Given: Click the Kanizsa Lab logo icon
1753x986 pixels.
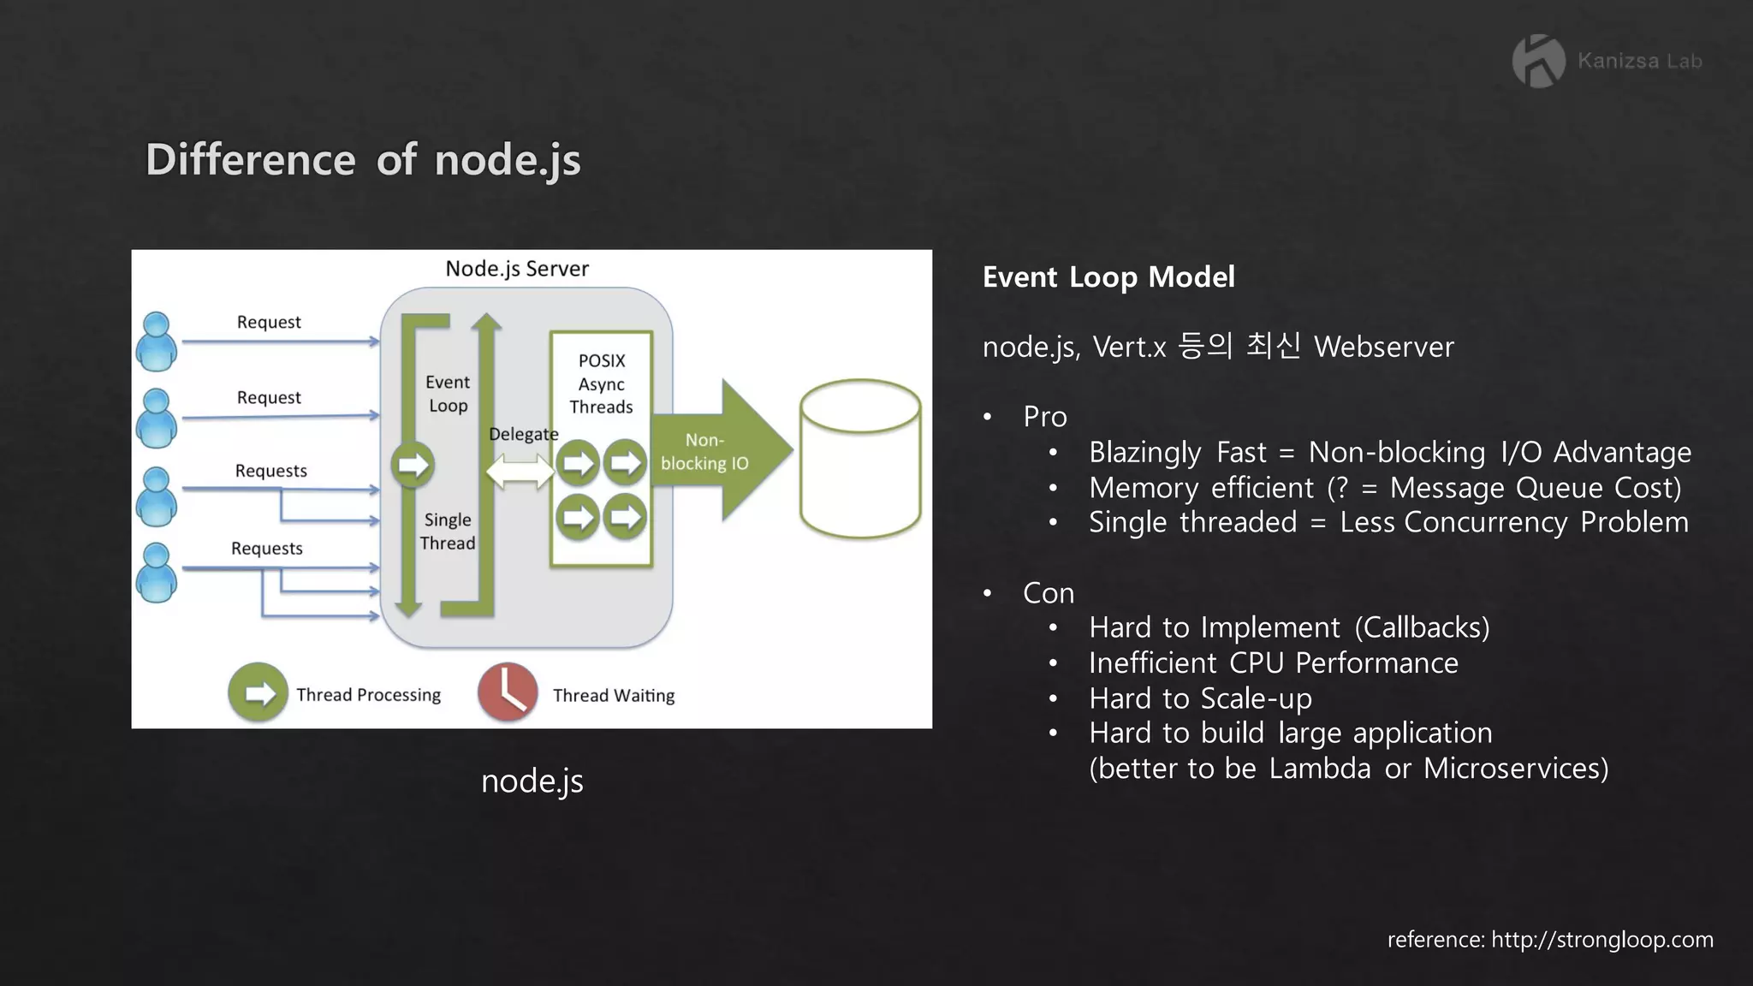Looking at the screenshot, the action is [x=1538, y=61].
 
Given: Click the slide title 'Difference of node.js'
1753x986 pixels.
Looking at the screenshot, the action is [x=363, y=160].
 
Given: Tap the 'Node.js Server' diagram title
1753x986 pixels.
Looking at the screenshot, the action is [x=517, y=269].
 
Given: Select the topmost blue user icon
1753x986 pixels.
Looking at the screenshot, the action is [x=157, y=342].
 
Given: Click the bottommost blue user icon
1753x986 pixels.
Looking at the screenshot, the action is [x=157, y=573].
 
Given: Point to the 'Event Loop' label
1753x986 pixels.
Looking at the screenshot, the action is [x=448, y=394].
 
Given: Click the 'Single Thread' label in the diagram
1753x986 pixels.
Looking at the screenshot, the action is [x=448, y=532].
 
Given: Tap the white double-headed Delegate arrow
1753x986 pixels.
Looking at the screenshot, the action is [x=520, y=471].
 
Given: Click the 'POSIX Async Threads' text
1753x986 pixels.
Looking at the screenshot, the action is [x=601, y=383].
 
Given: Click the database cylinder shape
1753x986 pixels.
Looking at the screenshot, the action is [x=860, y=459].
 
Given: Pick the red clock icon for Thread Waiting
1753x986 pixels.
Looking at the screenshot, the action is [x=508, y=692].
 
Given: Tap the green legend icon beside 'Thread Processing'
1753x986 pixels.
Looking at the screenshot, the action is [x=258, y=692].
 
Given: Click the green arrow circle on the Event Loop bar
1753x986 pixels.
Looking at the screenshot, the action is [x=413, y=465].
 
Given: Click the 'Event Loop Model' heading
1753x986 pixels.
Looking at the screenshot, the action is [x=1108, y=277].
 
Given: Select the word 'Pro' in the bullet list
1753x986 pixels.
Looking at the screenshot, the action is [x=1044, y=417].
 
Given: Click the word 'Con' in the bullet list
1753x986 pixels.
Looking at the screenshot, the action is [x=1048, y=593].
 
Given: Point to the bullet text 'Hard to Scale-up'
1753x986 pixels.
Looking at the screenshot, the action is [x=1200, y=698].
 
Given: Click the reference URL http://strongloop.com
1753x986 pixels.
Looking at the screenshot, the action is [x=1601, y=940].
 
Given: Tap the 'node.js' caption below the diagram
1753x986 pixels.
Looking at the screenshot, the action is [x=532, y=781].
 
